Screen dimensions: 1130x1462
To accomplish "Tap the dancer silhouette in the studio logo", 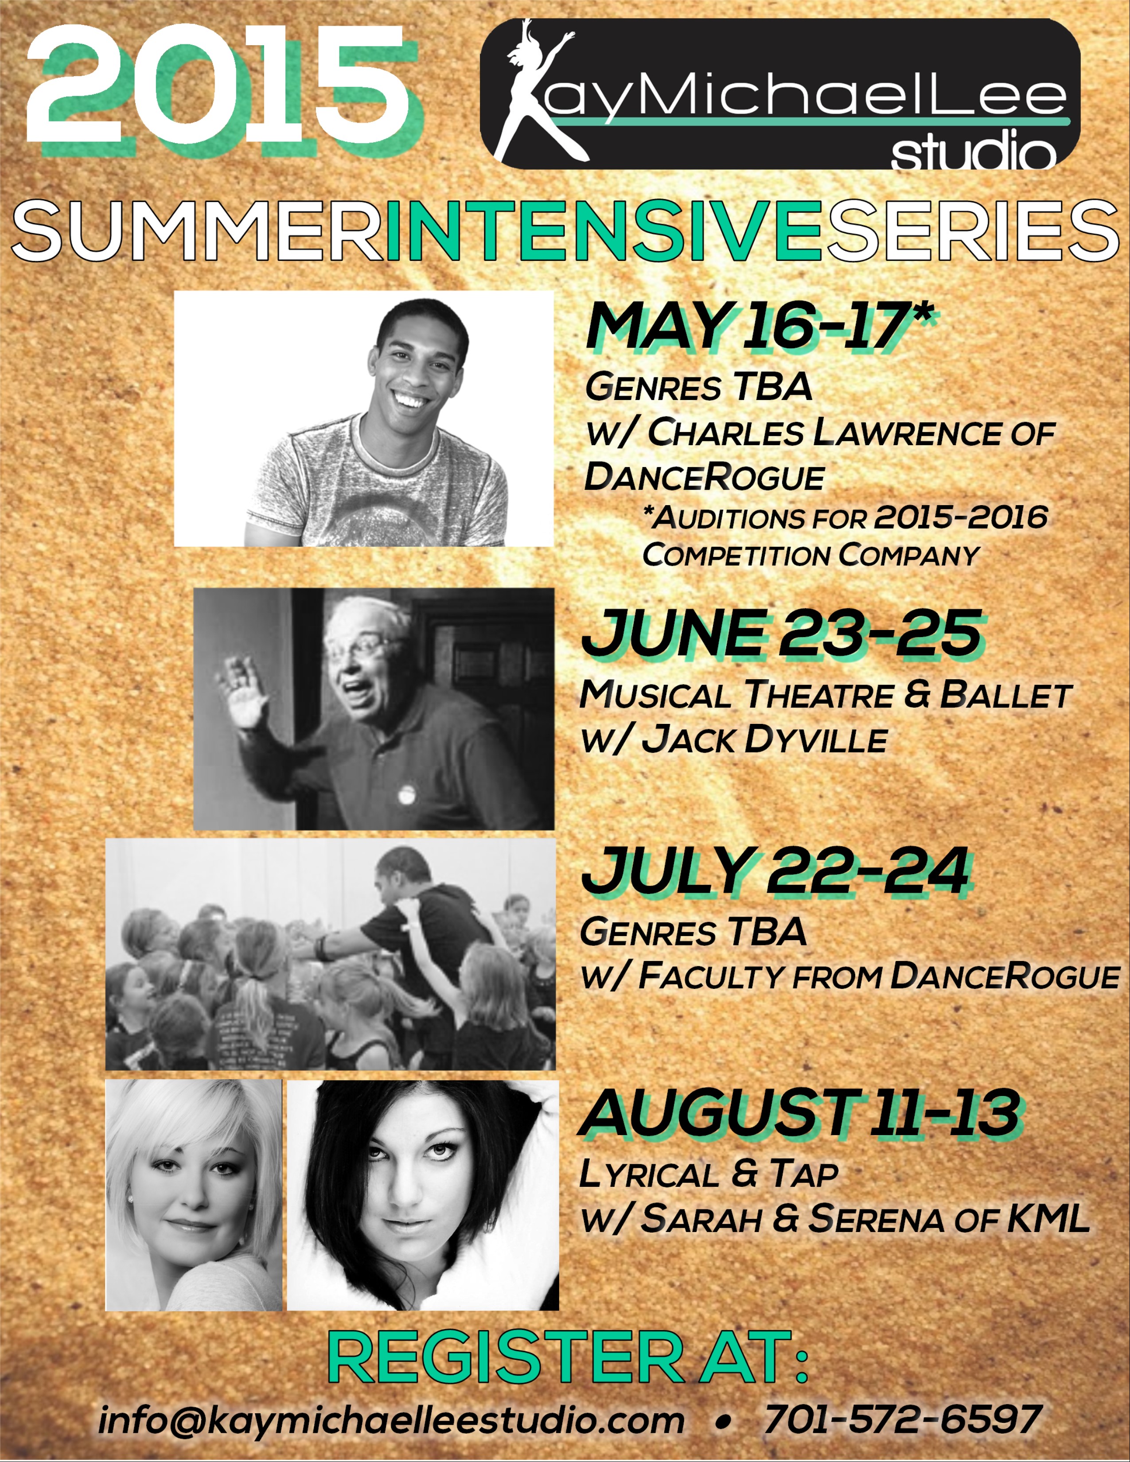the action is (x=536, y=94).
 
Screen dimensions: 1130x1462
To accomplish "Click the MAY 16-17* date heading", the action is (x=760, y=326).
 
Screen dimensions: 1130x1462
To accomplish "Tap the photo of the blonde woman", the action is (x=194, y=1194).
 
